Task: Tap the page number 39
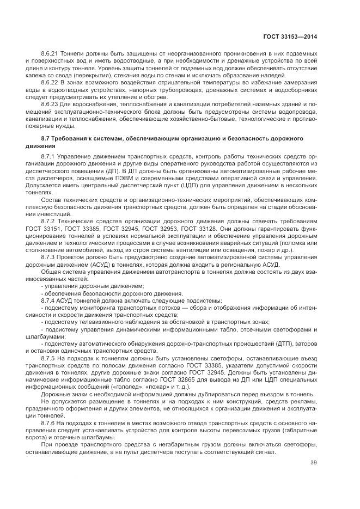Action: [x=313, y=463]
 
